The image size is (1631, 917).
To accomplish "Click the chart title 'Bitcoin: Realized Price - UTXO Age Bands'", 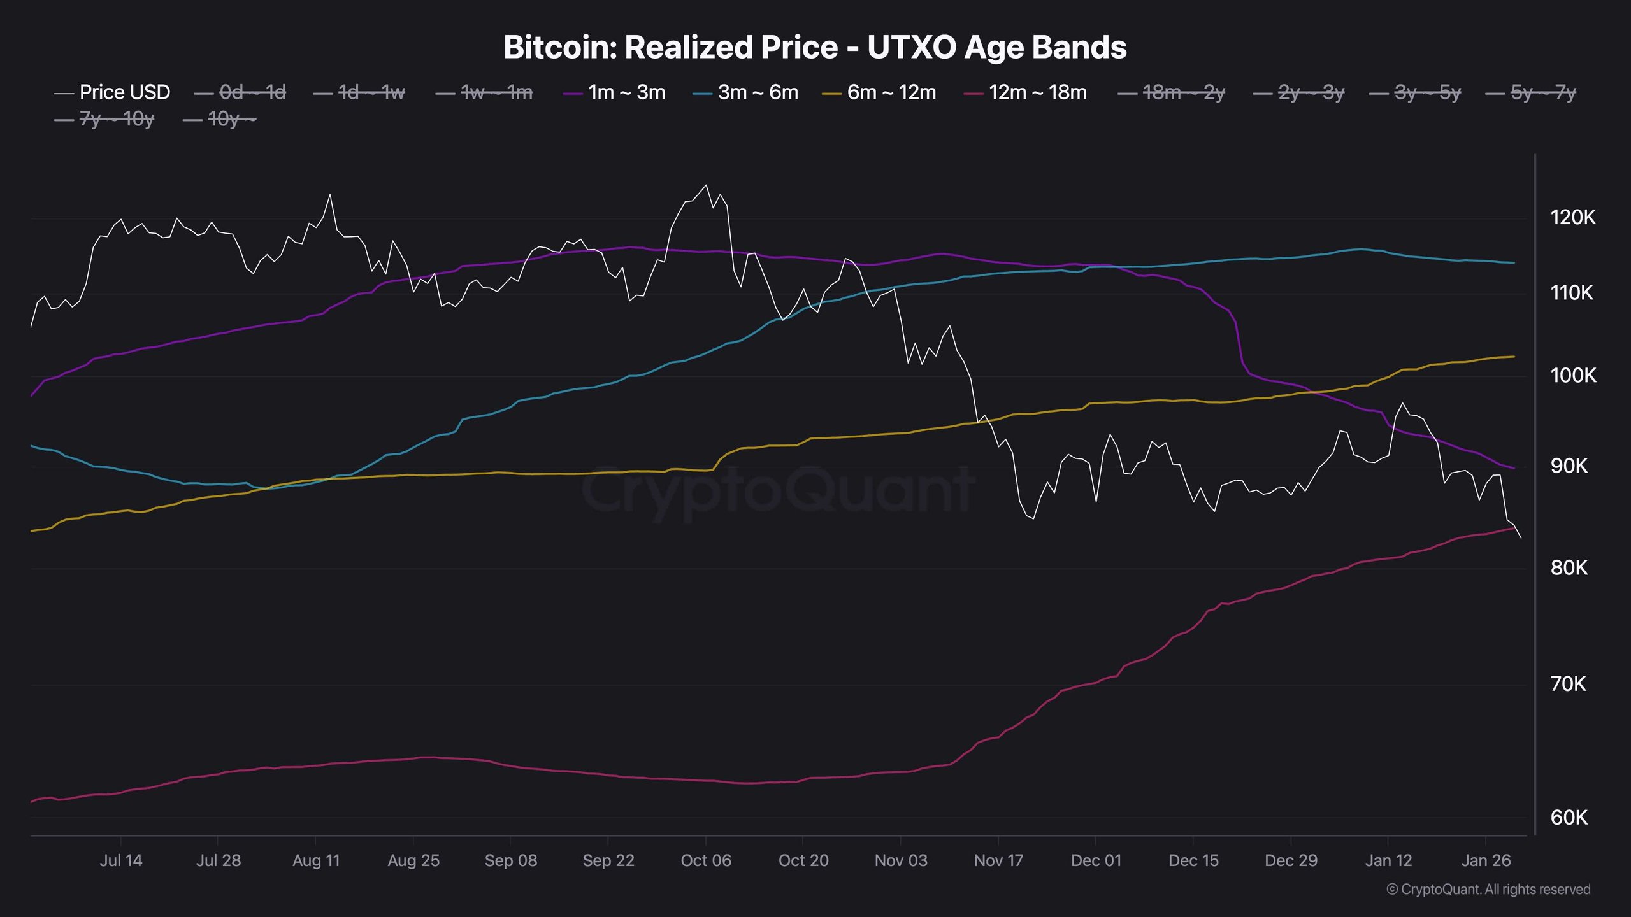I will pos(815,47).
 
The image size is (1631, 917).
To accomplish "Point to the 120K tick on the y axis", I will pos(1573,218).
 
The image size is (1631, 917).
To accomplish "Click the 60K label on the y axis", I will pos(1569,818).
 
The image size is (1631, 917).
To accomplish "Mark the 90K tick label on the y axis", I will pos(1569,466).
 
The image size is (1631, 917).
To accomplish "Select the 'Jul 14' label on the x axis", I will pos(121,860).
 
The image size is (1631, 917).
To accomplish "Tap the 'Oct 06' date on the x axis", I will pos(706,860).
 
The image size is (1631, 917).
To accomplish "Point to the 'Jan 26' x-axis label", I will pos(1486,860).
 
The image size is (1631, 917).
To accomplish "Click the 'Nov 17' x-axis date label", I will pos(998,860).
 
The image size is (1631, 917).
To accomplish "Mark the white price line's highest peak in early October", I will pos(705,185).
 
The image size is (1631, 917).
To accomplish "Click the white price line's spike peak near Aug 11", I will pos(330,194).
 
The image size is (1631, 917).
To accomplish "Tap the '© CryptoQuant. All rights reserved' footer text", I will pos(1488,889).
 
